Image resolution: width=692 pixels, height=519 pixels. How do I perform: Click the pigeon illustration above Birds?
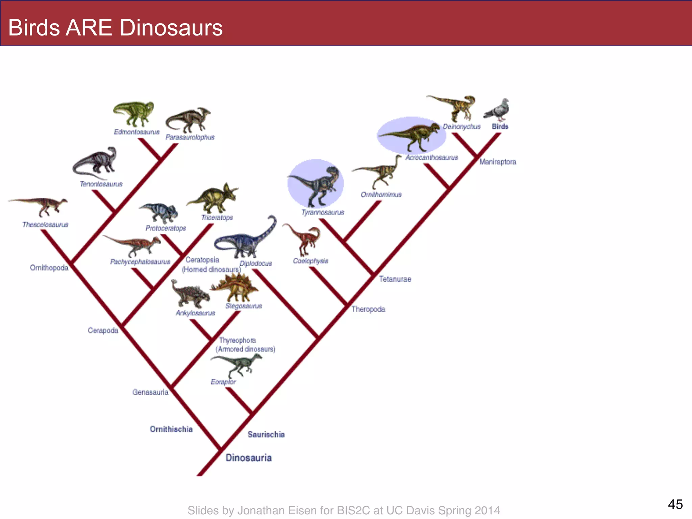pyautogui.click(x=497, y=109)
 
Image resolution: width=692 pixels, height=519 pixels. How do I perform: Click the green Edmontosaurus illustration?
pyautogui.click(x=134, y=113)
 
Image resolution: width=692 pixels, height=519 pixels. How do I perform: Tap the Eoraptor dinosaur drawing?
pyautogui.click(x=237, y=365)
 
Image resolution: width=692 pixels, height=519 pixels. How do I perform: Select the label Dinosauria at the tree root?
pyautogui.click(x=249, y=458)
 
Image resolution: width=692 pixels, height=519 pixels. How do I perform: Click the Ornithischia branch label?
pyautogui.click(x=171, y=429)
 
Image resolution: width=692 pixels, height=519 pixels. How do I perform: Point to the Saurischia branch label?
pyautogui.click(x=266, y=435)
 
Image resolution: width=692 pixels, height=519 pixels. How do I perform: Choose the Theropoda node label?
pyautogui.click(x=368, y=309)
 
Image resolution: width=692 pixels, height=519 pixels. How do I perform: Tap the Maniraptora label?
pyautogui.click(x=498, y=162)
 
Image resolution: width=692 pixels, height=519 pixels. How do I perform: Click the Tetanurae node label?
pyautogui.click(x=395, y=279)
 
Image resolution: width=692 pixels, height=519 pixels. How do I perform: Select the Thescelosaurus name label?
pyautogui.click(x=45, y=225)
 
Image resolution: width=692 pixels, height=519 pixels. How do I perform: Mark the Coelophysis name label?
pyautogui.click(x=311, y=261)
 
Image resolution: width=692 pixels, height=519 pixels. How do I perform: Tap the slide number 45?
pyautogui.click(x=675, y=504)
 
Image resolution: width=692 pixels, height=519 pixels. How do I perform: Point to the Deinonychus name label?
pyautogui.click(x=462, y=127)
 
